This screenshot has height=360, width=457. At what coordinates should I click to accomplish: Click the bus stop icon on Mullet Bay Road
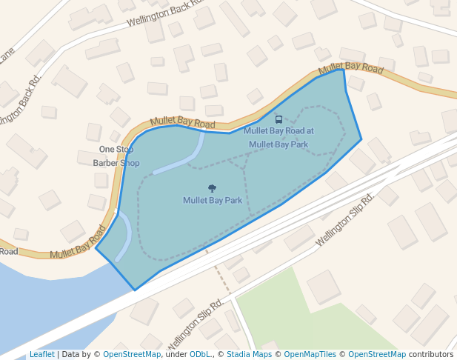(x=278, y=119)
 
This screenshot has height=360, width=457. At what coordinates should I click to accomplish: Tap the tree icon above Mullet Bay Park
(x=213, y=188)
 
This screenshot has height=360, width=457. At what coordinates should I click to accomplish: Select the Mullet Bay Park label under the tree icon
(x=213, y=200)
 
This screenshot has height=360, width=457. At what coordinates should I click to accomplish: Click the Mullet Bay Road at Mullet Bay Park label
(x=278, y=137)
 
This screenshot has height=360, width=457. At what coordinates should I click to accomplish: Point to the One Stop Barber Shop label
(x=116, y=156)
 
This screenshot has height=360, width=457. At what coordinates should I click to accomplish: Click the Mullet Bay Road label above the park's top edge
(x=182, y=121)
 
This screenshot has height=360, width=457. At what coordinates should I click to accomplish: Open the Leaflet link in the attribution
(x=41, y=354)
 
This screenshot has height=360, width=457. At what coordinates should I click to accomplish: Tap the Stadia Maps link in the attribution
(x=249, y=354)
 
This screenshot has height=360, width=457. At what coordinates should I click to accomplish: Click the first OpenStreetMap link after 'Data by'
(x=131, y=354)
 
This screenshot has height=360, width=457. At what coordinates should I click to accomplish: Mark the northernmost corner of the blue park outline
(x=343, y=70)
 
